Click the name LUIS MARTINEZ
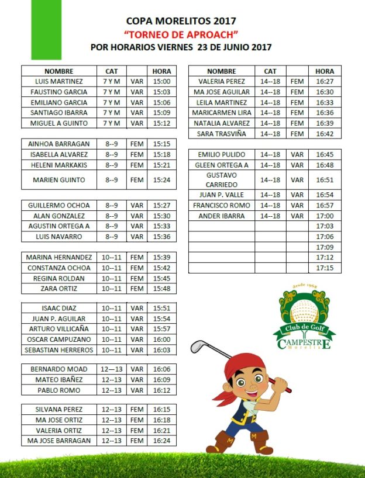click(58, 82)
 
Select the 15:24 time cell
click(161, 180)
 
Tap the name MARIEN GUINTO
click(58, 180)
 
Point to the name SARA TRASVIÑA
click(221, 134)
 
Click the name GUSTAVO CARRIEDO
click(221, 180)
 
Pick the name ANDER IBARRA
click(221, 216)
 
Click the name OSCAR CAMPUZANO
click(58, 340)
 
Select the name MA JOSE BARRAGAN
click(58, 441)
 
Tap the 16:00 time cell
click(161, 340)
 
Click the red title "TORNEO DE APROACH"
click(181, 34)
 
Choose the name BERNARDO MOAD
click(58, 369)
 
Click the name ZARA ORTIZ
click(58, 289)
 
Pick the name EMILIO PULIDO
click(221, 155)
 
